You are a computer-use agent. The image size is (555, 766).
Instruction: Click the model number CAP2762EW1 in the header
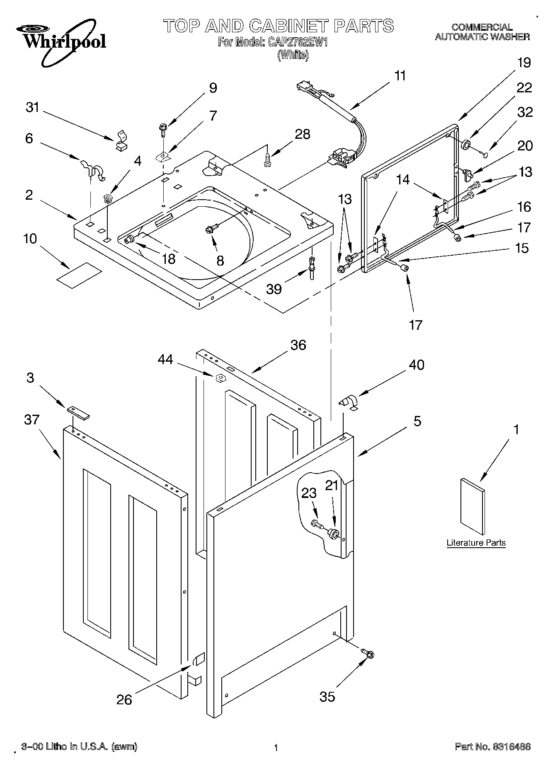(x=297, y=43)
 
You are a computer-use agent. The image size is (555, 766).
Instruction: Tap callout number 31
(x=32, y=107)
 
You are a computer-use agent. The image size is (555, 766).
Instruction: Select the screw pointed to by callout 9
(x=162, y=130)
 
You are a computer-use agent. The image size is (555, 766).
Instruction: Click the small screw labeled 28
(x=268, y=159)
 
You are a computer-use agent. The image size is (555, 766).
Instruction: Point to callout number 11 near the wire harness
(x=400, y=76)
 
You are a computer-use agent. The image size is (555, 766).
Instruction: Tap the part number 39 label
(x=274, y=289)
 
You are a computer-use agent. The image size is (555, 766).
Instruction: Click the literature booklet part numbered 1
(x=472, y=506)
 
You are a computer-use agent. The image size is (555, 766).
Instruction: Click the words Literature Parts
(x=476, y=543)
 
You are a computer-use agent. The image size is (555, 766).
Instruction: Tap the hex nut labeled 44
(x=220, y=377)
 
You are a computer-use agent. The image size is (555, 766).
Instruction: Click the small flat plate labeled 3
(x=78, y=413)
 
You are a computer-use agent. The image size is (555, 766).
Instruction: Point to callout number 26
(x=124, y=700)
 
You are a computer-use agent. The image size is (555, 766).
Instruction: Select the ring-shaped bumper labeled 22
(x=466, y=145)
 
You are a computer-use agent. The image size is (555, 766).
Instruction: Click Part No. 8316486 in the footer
(x=492, y=747)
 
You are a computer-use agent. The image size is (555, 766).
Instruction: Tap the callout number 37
(x=32, y=420)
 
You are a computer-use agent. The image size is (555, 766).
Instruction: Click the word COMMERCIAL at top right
(x=482, y=27)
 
